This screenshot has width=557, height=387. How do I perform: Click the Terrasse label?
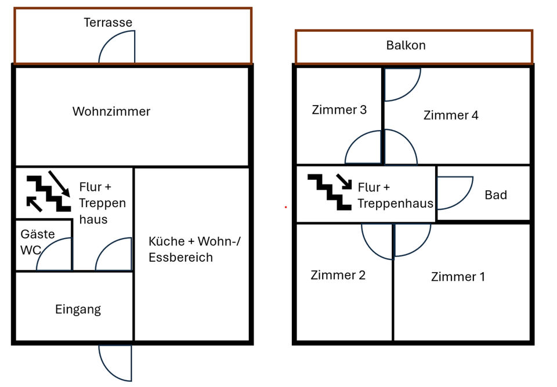pos(108,23)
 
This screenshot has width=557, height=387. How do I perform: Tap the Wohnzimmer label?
pos(111,111)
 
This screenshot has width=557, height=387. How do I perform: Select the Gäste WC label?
pos(38,242)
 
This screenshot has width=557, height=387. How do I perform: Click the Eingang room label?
pos(78,309)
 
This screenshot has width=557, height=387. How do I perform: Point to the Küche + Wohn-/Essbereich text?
pos(194,249)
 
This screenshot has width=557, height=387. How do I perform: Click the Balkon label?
pos(406,45)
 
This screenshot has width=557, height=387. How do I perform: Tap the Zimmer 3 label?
pos(339,110)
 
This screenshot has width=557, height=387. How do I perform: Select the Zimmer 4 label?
pos(451,115)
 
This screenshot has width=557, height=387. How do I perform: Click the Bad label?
pos(495,195)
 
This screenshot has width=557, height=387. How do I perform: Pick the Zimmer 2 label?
pos(338,275)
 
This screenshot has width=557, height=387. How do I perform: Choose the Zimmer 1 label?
pos(458,277)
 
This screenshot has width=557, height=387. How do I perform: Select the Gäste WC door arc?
pos(55,256)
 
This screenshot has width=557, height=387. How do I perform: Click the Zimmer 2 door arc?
pos(378,240)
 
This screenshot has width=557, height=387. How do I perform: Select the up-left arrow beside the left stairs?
pos(34,204)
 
